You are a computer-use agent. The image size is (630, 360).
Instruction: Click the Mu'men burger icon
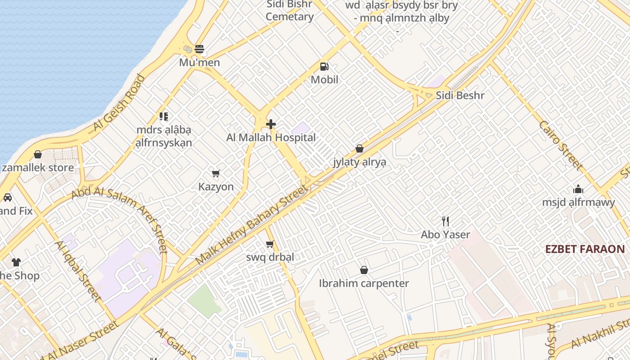[x=199, y=49]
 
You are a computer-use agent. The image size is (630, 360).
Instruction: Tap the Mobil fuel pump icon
[x=324, y=67]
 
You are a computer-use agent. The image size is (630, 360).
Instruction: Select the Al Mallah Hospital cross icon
[x=271, y=124]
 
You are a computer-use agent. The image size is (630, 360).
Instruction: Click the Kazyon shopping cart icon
[x=216, y=173]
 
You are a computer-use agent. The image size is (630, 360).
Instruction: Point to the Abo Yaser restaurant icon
[x=445, y=221]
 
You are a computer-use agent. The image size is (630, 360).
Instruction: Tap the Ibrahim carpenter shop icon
[x=364, y=270]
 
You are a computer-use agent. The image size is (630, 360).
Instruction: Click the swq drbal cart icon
[x=270, y=244]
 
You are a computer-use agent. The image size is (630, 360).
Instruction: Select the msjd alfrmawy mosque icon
[x=578, y=189]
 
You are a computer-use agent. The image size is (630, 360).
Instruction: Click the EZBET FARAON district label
[x=585, y=249]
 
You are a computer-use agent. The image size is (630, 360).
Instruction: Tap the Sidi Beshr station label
[x=460, y=95]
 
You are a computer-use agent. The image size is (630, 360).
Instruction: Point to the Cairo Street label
[x=561, y=145]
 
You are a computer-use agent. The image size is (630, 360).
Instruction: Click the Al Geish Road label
[x=119, y=103]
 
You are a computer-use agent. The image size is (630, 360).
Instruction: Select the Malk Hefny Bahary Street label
[x=252, y=225]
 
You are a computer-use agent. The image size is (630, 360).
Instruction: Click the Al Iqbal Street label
[x=77, y=270]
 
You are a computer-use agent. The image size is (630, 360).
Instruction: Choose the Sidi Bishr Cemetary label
[x=289, y=11]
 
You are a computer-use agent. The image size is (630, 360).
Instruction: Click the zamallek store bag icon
[x=38, y=154]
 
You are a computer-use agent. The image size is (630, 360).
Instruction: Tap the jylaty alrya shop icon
[x=359, y=148]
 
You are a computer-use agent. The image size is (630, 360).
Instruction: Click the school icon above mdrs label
[x=164, y=117]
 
